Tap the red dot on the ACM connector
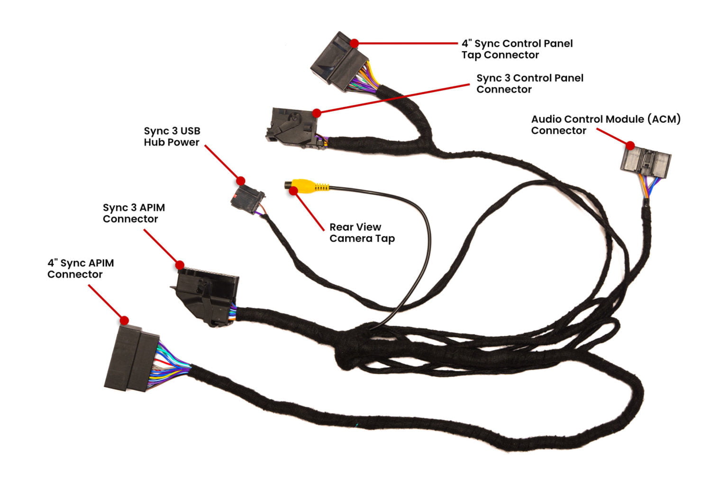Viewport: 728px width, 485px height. click(x=630, y=145)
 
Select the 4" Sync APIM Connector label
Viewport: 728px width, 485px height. click(x=81, y=269)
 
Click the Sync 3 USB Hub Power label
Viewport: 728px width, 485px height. click(x=172, y=136)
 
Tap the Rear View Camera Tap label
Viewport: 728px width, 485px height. click(x=362, y=233)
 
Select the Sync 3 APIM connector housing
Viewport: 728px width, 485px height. click(x=206, y=294)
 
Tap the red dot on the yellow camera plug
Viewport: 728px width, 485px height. click(x=294, y=191)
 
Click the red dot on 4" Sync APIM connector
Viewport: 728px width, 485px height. click(x=124, y=321)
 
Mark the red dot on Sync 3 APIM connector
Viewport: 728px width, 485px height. click(x=180, y=265)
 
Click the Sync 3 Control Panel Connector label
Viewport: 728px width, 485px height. click(x=529, y=83)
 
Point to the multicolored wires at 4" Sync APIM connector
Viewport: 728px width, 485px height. click(x=171, y=366)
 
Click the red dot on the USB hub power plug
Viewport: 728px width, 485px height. click(x=241, y=180)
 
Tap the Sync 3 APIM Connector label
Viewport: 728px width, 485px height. click(x=134, y=213)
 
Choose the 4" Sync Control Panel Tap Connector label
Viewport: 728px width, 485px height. click(x=517, y=49)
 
